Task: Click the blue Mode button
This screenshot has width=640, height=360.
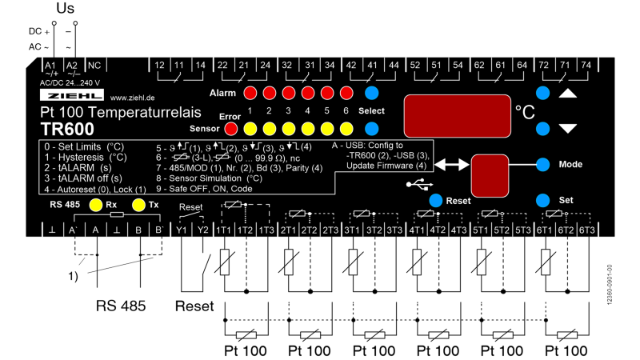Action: tap(544, 164)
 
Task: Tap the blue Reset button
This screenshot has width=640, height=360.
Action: tap(435, 200)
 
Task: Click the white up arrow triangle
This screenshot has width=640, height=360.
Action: tap(567, 94)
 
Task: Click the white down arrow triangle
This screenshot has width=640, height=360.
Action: tap(567, 128)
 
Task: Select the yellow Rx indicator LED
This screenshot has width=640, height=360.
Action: tap(96, 205)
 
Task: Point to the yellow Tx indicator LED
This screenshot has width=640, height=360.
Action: tap(138, 205)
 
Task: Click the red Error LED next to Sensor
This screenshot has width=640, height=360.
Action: tap(231, 128)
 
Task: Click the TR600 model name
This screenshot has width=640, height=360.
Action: tap(67, 128)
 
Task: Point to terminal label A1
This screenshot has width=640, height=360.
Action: tap(50, 64)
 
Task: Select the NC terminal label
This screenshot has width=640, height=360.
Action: tap(94, 64)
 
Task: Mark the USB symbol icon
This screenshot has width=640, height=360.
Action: tap(417, 186)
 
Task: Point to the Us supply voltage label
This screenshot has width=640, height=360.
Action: tap(69, 9)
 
